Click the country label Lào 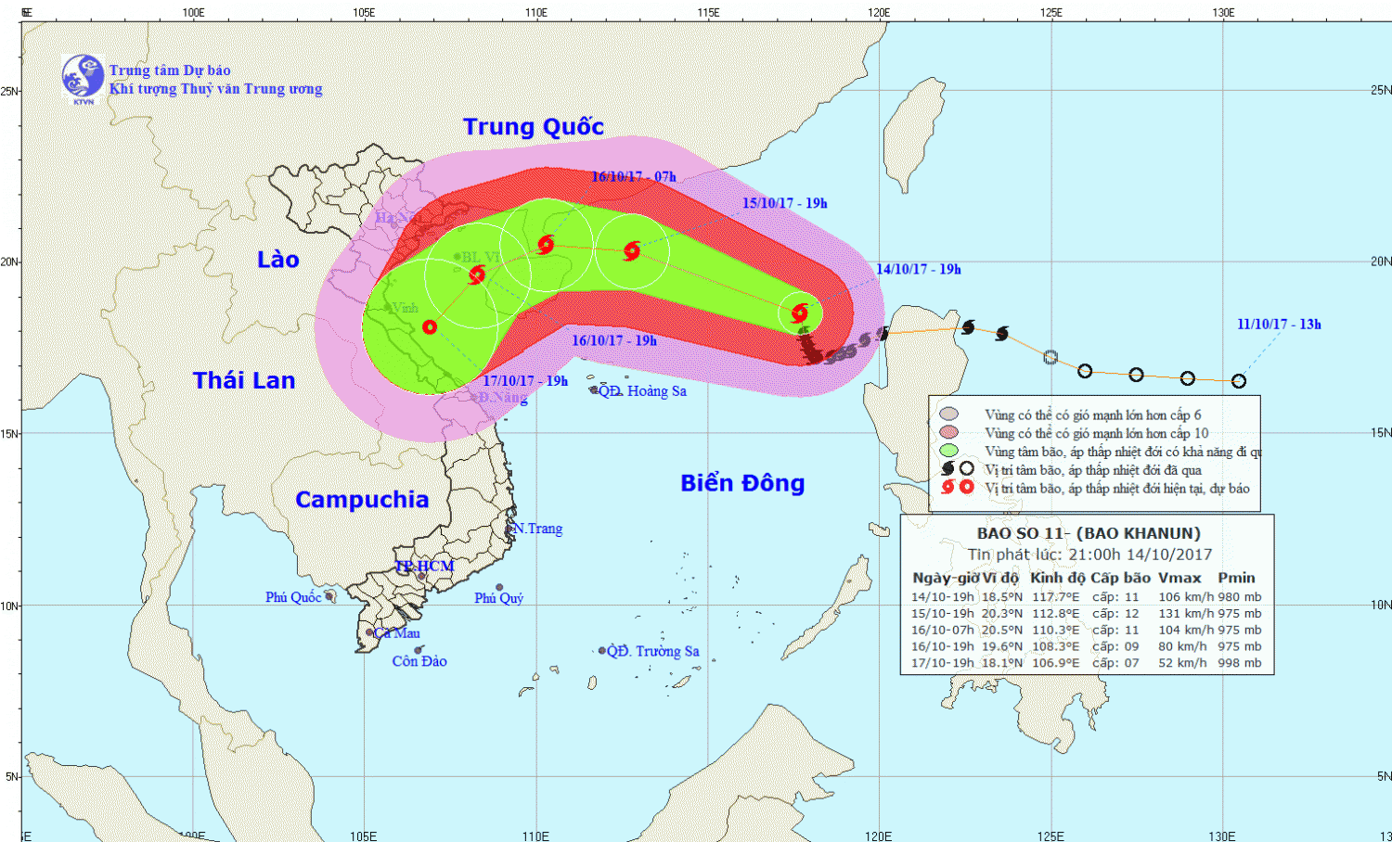[278, 260]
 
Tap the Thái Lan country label [244, 380]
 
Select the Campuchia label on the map [362, 500]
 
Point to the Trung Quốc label [534, 127]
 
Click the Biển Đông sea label [742, 483]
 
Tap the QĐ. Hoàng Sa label [642, 391]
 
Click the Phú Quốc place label [293, 597]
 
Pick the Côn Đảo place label [419, 661]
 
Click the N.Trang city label [538, 529]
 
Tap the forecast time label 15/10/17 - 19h [785, 203]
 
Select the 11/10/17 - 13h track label [1279, 324]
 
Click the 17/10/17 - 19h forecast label [525, 380]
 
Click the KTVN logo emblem [83, 76]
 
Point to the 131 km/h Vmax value [1186, 613]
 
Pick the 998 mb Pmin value [1240, 663]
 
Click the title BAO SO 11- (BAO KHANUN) [1089, 533]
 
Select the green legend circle [948, 451]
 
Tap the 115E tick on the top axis [708, 12]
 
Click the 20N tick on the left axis [9, 262]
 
